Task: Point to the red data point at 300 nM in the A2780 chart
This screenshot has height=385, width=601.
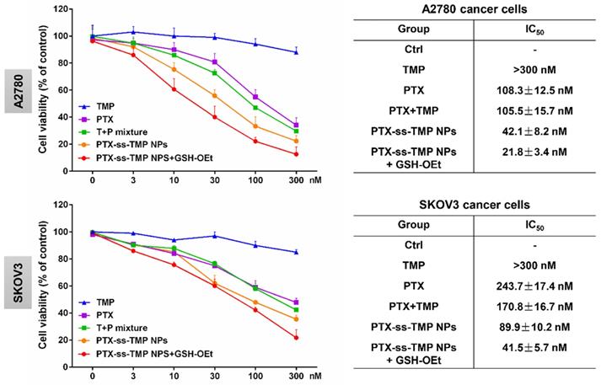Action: [x=296, y=153]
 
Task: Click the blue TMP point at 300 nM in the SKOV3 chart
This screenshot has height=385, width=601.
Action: [x=296, y=252]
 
